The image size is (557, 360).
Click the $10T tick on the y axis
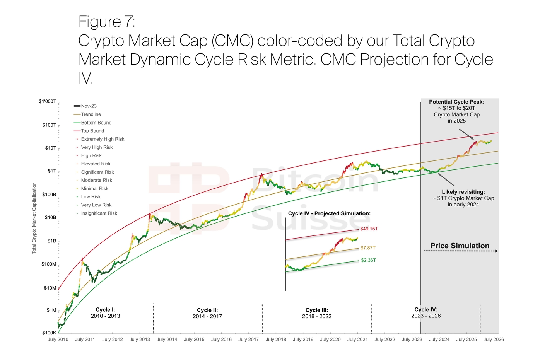coord(51,148)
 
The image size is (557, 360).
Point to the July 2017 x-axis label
coord(248,340)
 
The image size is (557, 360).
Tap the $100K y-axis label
coord(49,333)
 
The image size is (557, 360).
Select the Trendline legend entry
coord(91,114)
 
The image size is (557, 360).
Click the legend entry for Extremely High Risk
coord(103,139)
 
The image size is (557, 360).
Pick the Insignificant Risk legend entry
coord(99,213)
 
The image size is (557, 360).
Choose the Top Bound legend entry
coord(92,131)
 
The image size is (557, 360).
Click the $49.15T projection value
coord(369,229)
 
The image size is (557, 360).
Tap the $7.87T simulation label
coord(368,248)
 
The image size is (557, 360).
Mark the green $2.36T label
coord(368,260)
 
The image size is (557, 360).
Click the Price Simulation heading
coord(460,246)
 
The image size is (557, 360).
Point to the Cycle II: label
coord(207,310)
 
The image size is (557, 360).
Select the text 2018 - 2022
coord(317,317)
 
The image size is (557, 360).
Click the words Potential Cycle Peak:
coord(456,102)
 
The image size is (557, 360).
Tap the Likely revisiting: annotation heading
coord(463,192)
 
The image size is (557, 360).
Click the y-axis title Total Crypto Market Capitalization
coord(34,218)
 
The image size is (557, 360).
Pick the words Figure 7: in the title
coord(107,22)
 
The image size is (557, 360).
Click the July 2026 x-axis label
coord(494,340)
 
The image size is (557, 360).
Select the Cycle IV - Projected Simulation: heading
coord(329,213)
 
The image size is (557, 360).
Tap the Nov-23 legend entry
coord(89,106)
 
